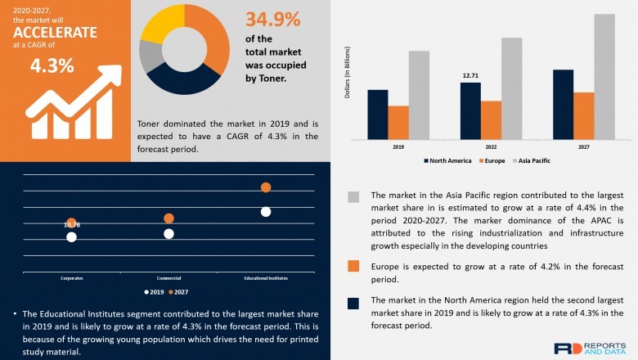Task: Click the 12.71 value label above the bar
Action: (x=470, y=75)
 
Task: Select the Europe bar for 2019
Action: (x=398, y=123)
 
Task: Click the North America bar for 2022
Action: (x=470, y=110)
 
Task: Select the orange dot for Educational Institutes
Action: (x=266, y=187)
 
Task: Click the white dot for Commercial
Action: (x=168, y=234)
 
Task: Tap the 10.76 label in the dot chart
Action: (x=71, y=224)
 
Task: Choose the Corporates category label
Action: (x=71, y=278)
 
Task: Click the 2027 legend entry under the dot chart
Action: (x=179, y=291)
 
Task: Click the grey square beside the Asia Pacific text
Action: (x=353, y=197)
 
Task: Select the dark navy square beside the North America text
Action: (x=353, y=304)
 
